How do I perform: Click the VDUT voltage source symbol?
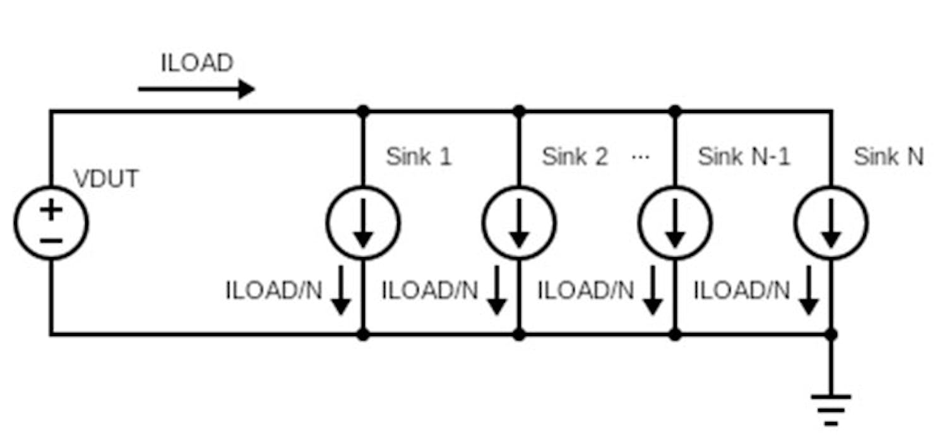(x=51, y=222)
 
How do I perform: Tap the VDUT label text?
(x=106, y=179)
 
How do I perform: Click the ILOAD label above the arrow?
(x=197, y=63)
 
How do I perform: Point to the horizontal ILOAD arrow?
(x=196, y=89)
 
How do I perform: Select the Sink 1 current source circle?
(x=363, y=222)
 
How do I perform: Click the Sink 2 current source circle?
(x=519, y=222)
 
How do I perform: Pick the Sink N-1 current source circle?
(x=675, y=222)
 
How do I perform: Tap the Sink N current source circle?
(x=831, y=222)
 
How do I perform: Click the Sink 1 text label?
(x=419, y=157)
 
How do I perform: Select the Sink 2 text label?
(x=575, y=157)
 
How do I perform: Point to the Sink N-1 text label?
(x=744, y=157)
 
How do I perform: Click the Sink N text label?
(x=888, y=157)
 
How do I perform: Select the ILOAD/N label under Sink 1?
(x=274, y=291)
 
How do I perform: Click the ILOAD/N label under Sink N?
(x=742, y=291)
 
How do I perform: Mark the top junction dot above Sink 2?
(x=519, y=111)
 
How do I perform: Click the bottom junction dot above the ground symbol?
(x=831, y=334)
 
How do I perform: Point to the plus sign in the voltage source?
(x=51, y=209)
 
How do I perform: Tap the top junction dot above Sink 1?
(x=363, y=111)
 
